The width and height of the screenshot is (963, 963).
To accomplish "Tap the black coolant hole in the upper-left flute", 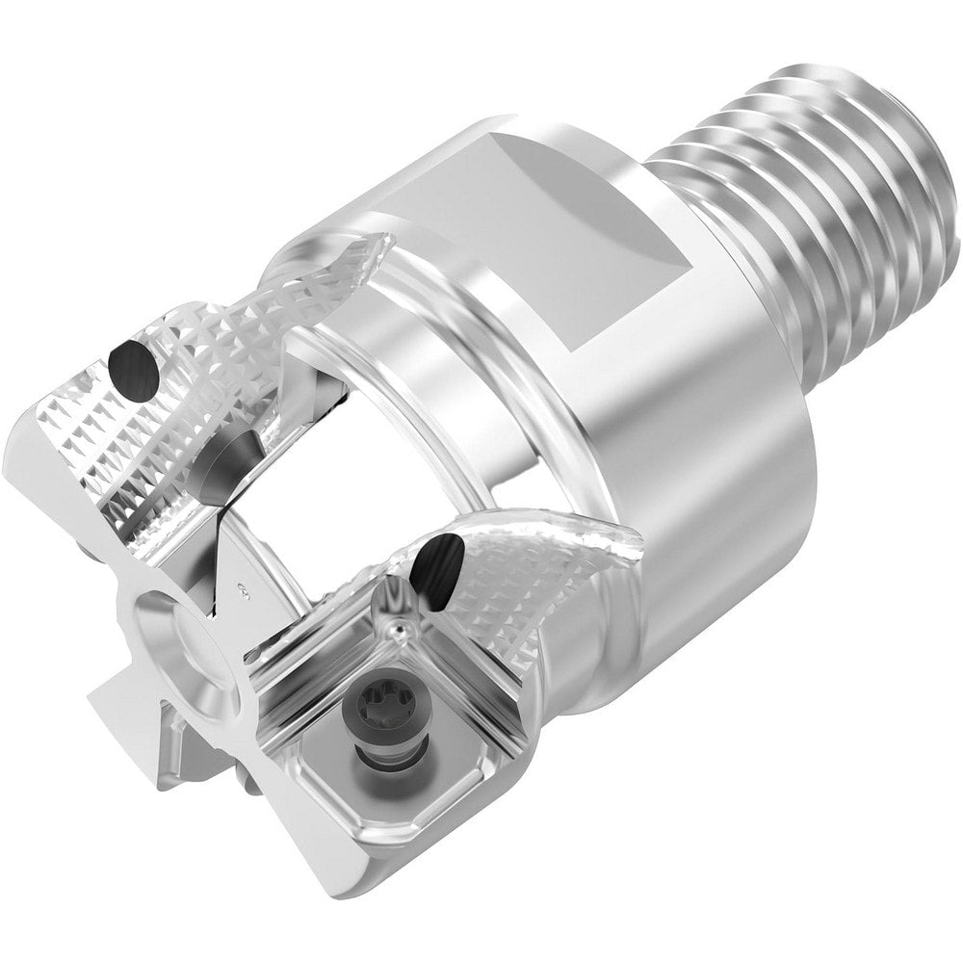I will [133, 365].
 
